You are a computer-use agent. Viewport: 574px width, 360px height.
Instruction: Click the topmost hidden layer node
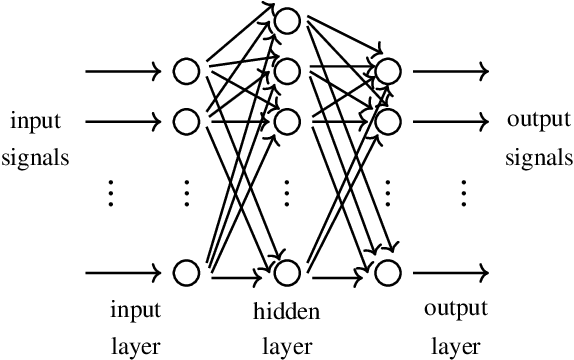tap(287, 19)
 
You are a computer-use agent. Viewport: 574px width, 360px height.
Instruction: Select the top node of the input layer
tap(186, 71)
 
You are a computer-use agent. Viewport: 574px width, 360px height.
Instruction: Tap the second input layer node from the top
tap(186, 122)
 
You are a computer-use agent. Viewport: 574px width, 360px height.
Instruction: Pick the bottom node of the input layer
tap(186, 271)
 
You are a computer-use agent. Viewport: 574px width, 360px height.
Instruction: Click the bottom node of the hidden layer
tap(287, 271)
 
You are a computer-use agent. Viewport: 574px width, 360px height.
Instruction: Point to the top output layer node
tap(387, 71)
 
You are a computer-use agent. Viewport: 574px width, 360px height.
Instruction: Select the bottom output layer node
tap(387, 271)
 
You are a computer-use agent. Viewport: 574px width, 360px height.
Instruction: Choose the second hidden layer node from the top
tap(287, 71)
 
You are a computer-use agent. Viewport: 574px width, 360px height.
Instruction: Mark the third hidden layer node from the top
tap(287, 122)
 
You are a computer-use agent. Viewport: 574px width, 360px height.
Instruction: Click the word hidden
tap(287, 312)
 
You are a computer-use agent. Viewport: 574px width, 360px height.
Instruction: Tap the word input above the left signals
tap(35, 123)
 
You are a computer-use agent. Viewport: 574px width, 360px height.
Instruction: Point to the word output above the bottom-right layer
tap(455, 307)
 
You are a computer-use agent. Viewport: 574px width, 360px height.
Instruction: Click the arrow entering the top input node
tap(123, 71)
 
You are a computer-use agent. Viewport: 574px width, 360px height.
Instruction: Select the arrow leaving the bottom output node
tap(451, 271)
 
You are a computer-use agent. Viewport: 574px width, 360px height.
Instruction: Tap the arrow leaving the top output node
tap(451, 71)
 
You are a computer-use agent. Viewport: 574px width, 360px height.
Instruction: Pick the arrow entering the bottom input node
tap(123, 271)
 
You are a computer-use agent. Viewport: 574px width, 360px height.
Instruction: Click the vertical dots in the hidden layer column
tap(287, 192)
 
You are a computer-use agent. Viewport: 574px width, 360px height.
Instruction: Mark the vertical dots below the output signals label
tap(465, 192)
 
